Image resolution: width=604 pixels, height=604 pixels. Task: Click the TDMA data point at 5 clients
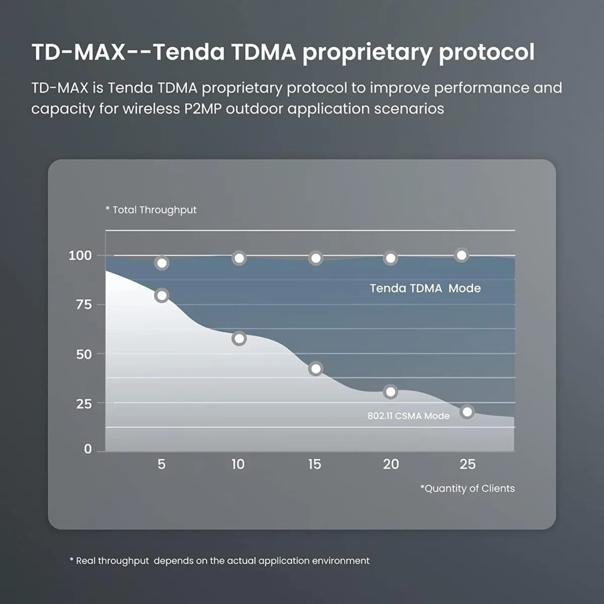point(162,263)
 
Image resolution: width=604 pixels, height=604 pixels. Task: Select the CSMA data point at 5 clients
point(162,295)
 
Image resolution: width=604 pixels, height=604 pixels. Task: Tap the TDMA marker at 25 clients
point(461,255)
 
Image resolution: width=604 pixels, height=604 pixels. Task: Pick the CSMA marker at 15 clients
point(316,368)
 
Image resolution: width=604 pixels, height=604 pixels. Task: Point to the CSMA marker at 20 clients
point(390,392)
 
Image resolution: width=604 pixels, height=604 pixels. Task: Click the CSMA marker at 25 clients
point(467,412)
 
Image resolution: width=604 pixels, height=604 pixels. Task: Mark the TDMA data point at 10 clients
point(239,258)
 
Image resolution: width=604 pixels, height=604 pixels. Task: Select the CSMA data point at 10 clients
point(239,338)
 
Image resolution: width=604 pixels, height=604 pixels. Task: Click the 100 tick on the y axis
point(80,256)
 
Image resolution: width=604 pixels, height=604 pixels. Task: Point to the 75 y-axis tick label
point(84,305)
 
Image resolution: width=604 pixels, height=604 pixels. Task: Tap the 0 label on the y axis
point(88,449)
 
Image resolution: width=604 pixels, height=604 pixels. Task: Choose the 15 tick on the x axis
point(315,464)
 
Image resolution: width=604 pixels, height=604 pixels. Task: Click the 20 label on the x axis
point(391,464)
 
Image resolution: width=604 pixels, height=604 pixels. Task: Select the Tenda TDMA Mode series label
point(425,288)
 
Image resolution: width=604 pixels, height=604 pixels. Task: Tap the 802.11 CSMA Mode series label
point(408,416)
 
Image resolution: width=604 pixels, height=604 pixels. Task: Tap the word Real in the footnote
point(86,561)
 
